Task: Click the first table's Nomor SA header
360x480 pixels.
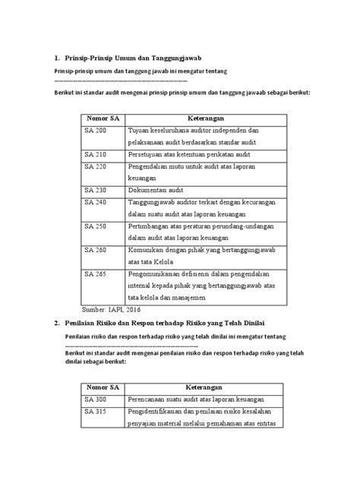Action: pos(104,118)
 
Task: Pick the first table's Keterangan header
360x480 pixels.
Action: pos(206,118)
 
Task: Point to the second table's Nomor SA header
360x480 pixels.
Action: pos(104,387)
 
